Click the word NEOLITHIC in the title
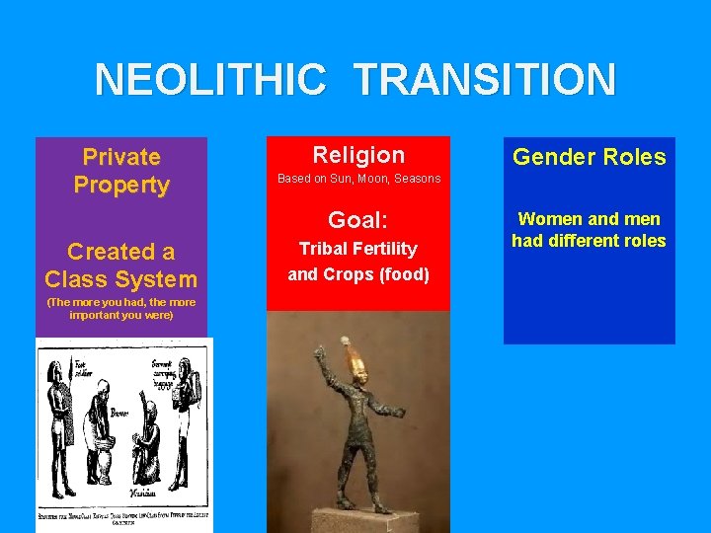click(209, 79)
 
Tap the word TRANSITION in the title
click(484, 79)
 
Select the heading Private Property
click(121, 171)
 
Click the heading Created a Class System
click(121, 266)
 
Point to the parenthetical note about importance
click(121, 308)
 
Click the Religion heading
click(358, 155)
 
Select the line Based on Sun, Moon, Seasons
click(358, 179)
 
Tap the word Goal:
click(358, 219)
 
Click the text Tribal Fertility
click(358, 249)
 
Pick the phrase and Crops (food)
click(358, 274)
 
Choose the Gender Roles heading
click(590, 157)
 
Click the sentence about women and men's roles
click(590, 230)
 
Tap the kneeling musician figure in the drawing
click(144, 439)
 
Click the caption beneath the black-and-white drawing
click(123, 519)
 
